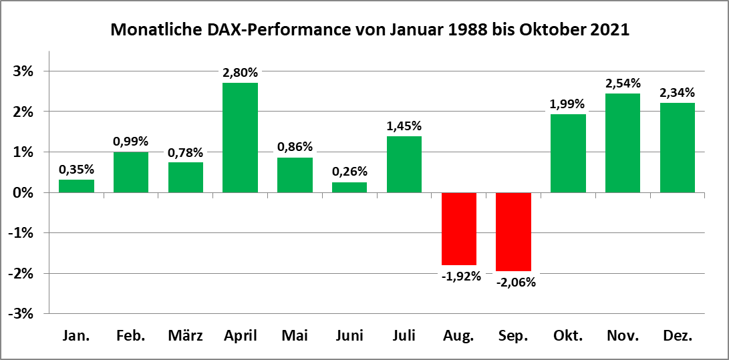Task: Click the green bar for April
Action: [240, 138]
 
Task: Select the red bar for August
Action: [459, 228]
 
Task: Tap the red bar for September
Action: [513, 231]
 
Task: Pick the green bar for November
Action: [623, 143]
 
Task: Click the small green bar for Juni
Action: [349, 188]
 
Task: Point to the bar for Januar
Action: [76, 186]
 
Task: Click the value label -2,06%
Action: [515, 282]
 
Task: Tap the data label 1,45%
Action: [404, 126]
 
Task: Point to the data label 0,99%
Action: [131, 141]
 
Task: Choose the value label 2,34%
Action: [677, 92]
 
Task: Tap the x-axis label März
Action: [185, 336]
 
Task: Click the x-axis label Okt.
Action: [568, 336]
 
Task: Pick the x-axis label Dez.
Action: [677, 336]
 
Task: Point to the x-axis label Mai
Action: [295, 336]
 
